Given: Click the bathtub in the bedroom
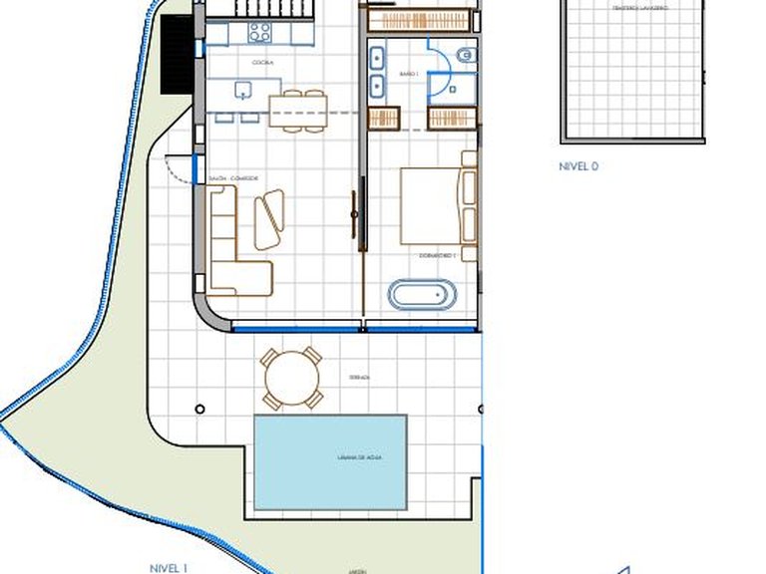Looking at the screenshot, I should click(422, 295).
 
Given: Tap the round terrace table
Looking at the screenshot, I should click(292, 378).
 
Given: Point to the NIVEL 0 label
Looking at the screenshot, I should click(578, 167).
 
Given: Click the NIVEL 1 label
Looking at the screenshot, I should click(169, 567).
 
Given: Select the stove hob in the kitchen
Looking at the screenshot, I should click(259, 32).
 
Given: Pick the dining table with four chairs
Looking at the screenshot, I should click(298, 109).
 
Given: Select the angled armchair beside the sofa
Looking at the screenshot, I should click(268, 218).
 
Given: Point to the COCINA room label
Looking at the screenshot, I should click(263, 63).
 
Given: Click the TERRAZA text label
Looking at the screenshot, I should click(360, 378).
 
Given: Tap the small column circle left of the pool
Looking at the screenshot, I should click(200, 409).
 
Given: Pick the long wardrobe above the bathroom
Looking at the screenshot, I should click(417, 19).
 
